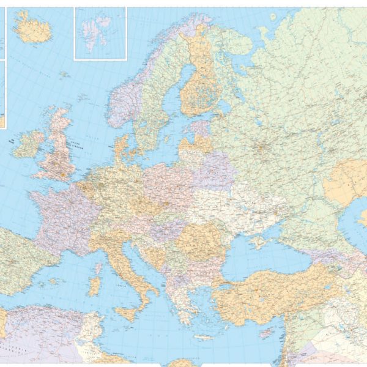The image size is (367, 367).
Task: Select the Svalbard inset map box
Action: pyautogui.click(x=100, y=33)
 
